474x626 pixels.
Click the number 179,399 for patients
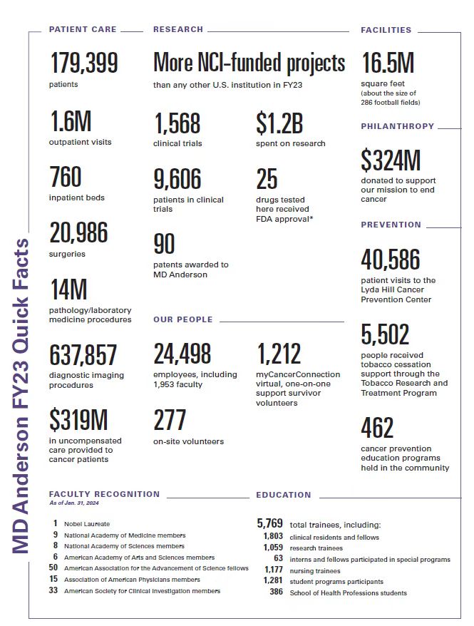tap(84, 63)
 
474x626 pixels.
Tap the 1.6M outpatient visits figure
tap(71, 122)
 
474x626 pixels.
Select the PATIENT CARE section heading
tap(83, 30)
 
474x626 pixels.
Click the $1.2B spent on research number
tap(279, 123)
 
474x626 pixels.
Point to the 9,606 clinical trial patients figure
tap(177, 179)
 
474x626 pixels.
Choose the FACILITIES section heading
tap(386, 30)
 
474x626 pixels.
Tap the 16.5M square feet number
tap(388, 63)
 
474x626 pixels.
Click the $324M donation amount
tap(391, 161)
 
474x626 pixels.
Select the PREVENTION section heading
tap(391, 225)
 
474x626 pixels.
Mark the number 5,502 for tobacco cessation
tap(385, 334)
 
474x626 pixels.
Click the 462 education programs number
tap(377, 428)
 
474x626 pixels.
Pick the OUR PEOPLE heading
tap(183, 319)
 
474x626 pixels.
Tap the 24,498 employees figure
tap(182, 354)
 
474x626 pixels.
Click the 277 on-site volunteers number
tap(170, 421)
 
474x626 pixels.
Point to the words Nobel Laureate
tap(86, 523)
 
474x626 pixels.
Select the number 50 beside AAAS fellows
tap(53, 568)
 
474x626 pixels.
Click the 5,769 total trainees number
tap(270, 524)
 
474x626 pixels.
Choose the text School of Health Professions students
tap(349, 593)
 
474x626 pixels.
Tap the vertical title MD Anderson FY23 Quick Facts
tap(22, 396)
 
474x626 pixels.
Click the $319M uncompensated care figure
tap(79, 421)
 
